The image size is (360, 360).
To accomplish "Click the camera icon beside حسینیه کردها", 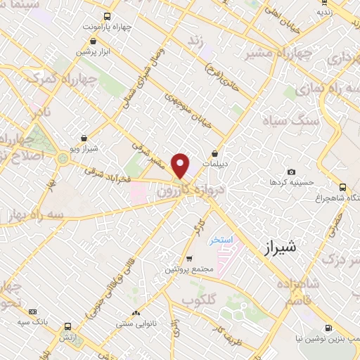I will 292,172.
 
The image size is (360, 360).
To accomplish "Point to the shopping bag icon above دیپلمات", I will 215,153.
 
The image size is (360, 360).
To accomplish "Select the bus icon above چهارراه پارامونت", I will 107,15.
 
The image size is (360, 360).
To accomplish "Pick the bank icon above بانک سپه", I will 33,311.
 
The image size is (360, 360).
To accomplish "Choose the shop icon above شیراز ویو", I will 84,139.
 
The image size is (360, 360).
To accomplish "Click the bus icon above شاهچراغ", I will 342,187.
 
